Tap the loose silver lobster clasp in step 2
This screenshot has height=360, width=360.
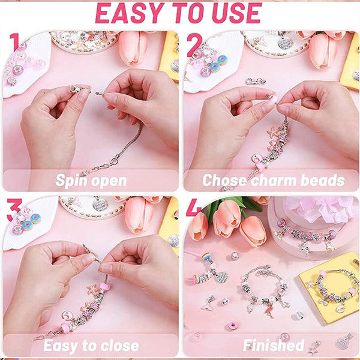(x=255, y=80)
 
